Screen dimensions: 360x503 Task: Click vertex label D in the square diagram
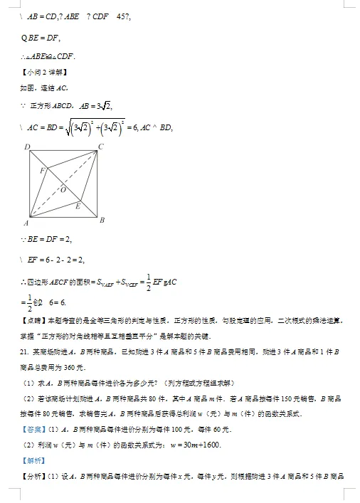point(26,147)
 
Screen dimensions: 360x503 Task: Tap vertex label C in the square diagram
point(101,147)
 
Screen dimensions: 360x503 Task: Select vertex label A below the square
point(26,223)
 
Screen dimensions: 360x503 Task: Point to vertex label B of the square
point(102,221)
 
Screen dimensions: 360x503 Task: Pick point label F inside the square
point(42,171)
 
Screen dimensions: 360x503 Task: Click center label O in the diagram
point(63,190)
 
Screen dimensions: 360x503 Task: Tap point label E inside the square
point(78,206)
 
